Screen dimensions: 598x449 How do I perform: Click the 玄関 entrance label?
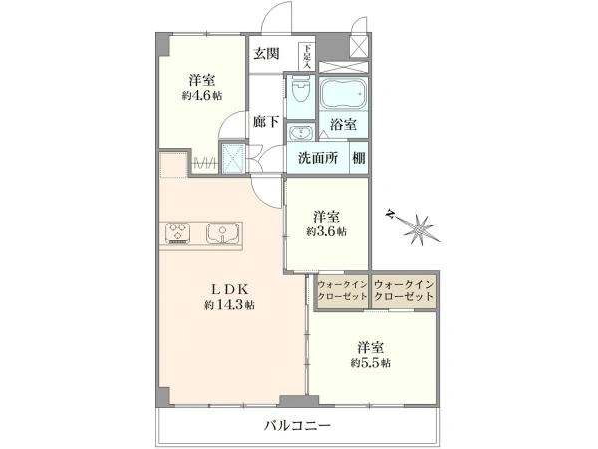[267, 54]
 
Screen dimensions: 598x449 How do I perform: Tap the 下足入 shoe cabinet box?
[307, 57]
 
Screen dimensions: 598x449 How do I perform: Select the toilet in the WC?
[300, 92]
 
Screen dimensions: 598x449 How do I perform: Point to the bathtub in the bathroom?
[343, 94]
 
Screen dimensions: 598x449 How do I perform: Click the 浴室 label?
[343, 125]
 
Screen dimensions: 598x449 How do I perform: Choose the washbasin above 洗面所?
[301, 133]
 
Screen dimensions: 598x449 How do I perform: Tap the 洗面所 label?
[318, 158]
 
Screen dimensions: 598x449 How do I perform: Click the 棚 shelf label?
[359, 158]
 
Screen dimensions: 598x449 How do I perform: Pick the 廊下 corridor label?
[266, 122]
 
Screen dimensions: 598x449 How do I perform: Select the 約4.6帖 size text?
[201, 96]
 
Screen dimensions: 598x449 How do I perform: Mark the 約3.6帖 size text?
[326, 231]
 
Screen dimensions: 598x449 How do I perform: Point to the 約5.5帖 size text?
[371, 363]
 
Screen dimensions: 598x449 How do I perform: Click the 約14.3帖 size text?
[229, 305]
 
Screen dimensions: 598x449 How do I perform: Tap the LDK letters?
[230, 289]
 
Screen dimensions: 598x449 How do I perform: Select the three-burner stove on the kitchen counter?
[177, 232]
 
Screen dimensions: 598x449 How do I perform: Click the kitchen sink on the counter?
[223, 232]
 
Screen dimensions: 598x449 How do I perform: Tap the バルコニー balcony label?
[298, 425]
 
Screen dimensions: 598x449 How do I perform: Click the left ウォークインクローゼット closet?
[343, 291]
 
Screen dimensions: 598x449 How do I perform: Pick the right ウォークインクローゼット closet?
[404, 291]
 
